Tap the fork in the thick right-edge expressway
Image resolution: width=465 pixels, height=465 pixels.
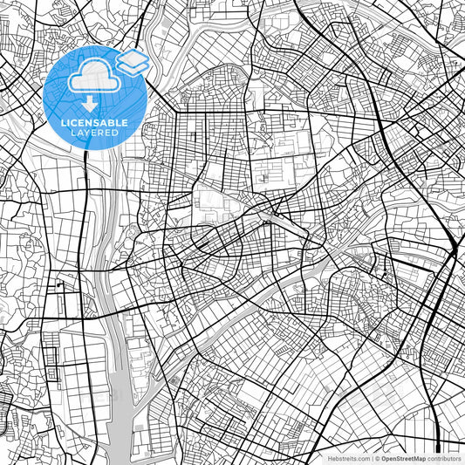[454, 253]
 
